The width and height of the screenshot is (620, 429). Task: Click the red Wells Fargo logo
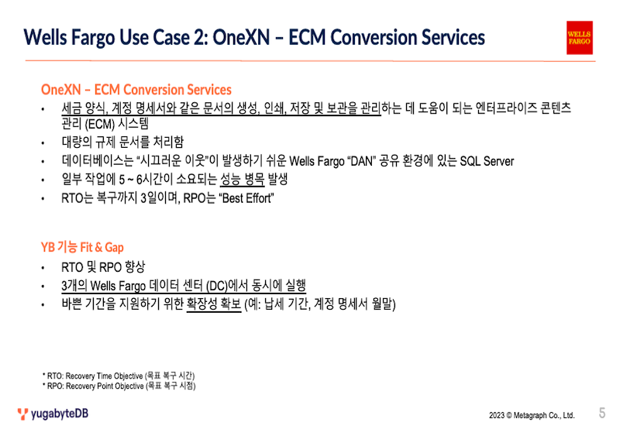tap(579, 37)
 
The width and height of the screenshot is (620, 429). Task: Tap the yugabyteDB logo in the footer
tap(53, 414)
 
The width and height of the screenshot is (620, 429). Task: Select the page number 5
tap(602, 413)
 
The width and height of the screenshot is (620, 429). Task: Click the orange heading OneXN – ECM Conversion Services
tap(136, 90)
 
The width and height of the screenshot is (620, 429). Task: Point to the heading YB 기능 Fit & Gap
tap(82, 247)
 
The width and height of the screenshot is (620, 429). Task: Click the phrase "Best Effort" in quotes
tap(246, 198)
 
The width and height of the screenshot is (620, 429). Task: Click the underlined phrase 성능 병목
tap(242, 180)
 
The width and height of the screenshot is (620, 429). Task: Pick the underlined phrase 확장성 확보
tap(214, 304)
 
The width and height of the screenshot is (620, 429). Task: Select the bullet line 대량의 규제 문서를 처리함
tap(122, 142)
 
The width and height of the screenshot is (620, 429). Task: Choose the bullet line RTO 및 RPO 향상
tap(103, 267)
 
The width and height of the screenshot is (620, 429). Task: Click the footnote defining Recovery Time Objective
tap(119, 376)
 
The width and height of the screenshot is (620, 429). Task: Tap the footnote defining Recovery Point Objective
tap(119, 386)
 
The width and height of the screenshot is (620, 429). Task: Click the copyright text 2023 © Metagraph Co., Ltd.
tap(532, 415)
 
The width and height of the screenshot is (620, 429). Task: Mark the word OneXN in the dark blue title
tap(241, 37)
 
